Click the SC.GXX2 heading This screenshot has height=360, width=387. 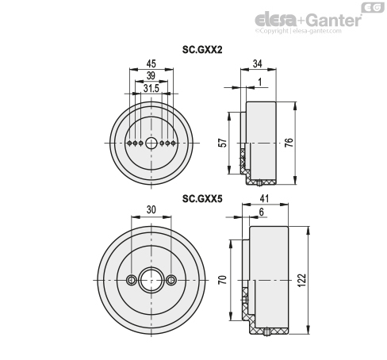pos(202,49)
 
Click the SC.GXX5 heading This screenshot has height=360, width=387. pos(202,198)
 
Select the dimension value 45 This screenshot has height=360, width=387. pos(151,63)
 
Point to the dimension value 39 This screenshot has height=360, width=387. pos(151,75)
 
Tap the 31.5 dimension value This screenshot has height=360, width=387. pos(151,89)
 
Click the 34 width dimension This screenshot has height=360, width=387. pos(258,63)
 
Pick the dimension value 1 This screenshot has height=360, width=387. pos(260,82)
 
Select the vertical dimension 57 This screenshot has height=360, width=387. pos(224,143)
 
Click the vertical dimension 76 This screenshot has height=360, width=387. pos(289,143)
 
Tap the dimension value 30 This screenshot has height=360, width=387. pos(151,209)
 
